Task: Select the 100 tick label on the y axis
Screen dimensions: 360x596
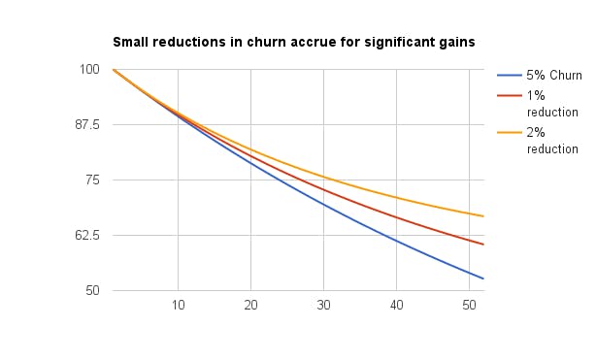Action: click(88, 69)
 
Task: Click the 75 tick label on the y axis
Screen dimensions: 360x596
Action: click(91, 180)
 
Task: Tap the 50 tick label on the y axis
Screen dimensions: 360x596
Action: click(91, 290)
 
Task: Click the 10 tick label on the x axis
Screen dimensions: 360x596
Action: click(179, 306)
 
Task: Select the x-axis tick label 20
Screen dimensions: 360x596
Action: click(251, 306)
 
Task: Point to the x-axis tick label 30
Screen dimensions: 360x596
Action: click(324, 306)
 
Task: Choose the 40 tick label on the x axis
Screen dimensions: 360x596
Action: click(397, 306)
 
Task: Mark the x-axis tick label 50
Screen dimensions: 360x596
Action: click(470, 306)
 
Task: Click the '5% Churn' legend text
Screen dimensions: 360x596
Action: click(551, 76)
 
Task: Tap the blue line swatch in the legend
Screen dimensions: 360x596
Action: click(509, 76)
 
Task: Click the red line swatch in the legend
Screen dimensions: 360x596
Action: click(509, 96)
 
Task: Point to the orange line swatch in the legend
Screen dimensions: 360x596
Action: click(509, 133)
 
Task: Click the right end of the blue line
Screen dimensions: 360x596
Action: click(483, 278)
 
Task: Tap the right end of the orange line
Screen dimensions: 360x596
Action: click(483, 216)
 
